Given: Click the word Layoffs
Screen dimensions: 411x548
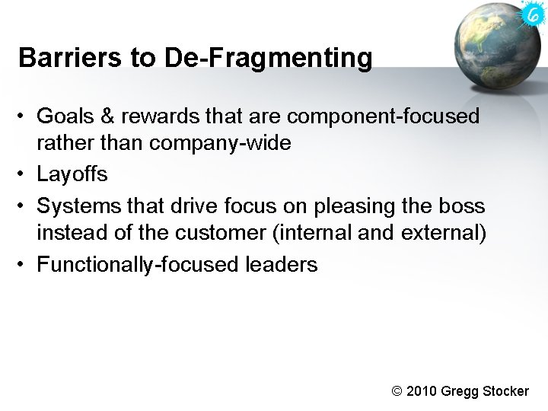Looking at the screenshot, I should (x=72, y=174).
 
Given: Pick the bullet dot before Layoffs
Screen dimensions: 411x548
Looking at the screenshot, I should (x=24, y=174).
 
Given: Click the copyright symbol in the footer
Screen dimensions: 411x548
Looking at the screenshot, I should (x=397, y=391).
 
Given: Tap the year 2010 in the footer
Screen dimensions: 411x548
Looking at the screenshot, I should (x=422, y=391).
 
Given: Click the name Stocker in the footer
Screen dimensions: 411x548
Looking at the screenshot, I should (x=505, y=391).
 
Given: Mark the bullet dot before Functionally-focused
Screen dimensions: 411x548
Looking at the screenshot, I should (x=24, y=264).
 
